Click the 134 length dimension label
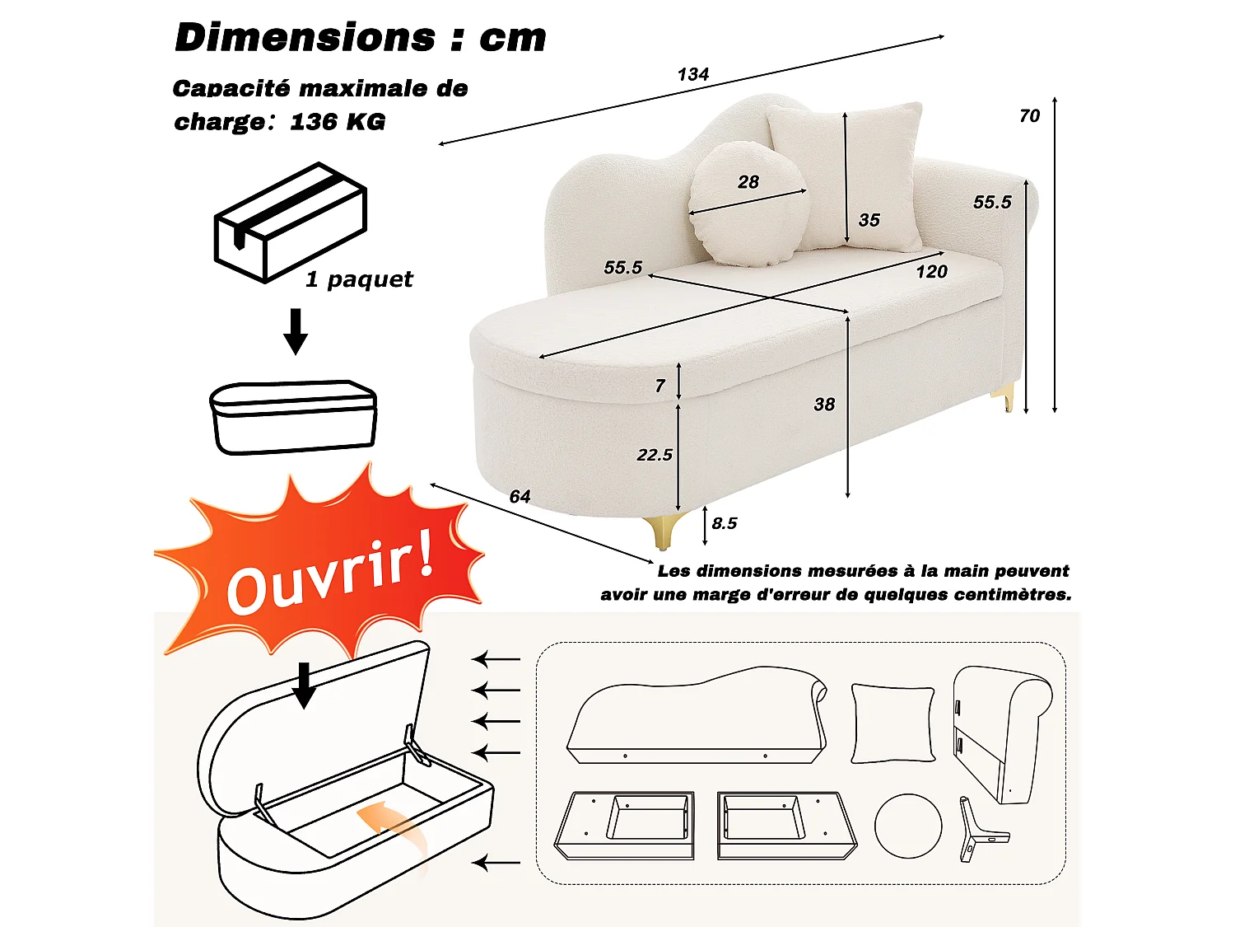coord(693,74)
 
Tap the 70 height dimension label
coord(1029,116)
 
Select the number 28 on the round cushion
coord(748,182)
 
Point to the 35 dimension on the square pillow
coord(869,220)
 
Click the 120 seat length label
coord(931,272)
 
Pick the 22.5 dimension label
coord(655,455)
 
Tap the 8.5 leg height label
coord(725,523)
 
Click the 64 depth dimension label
coord(520,496)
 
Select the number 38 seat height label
coord(824,405)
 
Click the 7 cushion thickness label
coord(660,386)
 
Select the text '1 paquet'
coord(359,279)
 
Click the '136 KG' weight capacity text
coord(338,122)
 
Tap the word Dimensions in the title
coord(305,38)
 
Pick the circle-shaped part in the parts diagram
coord(907,826)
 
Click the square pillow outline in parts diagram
coord(892,723)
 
